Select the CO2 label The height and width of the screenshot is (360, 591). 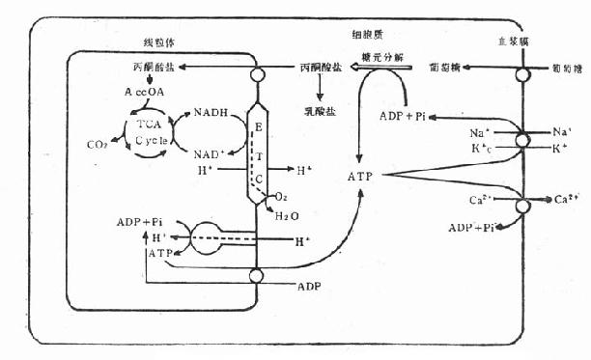tap(97, 145)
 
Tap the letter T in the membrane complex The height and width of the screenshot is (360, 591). tap(258, 155)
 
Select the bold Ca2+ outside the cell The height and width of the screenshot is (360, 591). tap(565, 200)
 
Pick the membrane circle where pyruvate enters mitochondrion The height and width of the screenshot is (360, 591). tap(257, 74)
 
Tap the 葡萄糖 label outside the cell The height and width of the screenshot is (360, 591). tap(564, 69)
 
